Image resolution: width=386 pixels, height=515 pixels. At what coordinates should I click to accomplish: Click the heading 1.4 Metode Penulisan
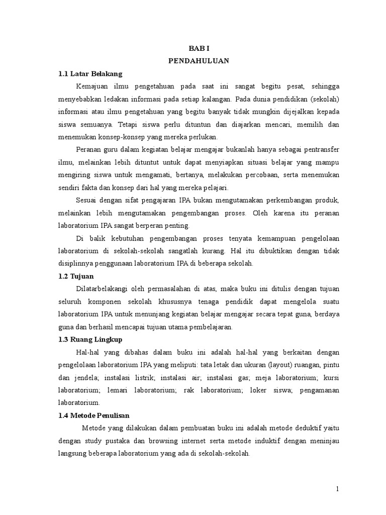click(x=93, y=415)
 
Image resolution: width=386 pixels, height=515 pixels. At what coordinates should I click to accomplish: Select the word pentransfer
click(x=321, y=150)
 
